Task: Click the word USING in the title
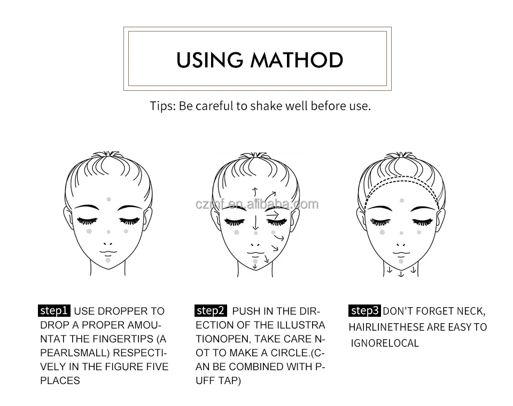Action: pyautogui.click(x=210, y=59)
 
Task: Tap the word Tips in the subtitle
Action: pyautogui.click(x=161, y=106)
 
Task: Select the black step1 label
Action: pyautogui.click(x=54, y=310)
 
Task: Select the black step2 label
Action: pyautogui.click(x=211, y=310)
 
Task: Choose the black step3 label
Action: pyautogui.click(x=365, y=310)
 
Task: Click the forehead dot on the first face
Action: pyautogui.click(x=109, y=199)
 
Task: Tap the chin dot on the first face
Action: pyautogui.click(x=108, y=260)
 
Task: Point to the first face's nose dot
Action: pyautogui.click(x=108, y=232)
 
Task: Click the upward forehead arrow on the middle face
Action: pyautogui.click(x=255, y=193)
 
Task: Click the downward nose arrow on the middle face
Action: pyautogui.click(x=256, y=221)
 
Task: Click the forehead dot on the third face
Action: pyautogui.click(x=402, y=200)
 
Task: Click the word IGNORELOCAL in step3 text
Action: pyautogui.click(x=385, y=343)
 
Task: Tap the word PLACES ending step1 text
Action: pyautogui.click(x=60, y=380)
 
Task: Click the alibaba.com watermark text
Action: pyautogui.click(x=256, y=204)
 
